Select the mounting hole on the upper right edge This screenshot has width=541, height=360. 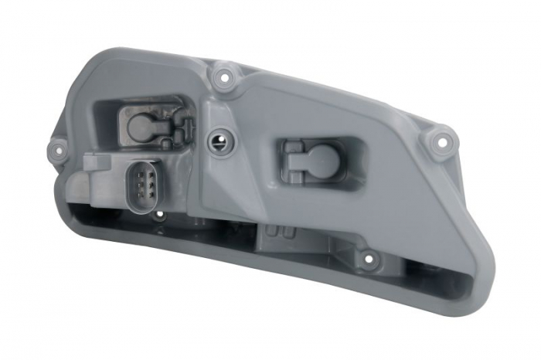click(441, 141)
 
